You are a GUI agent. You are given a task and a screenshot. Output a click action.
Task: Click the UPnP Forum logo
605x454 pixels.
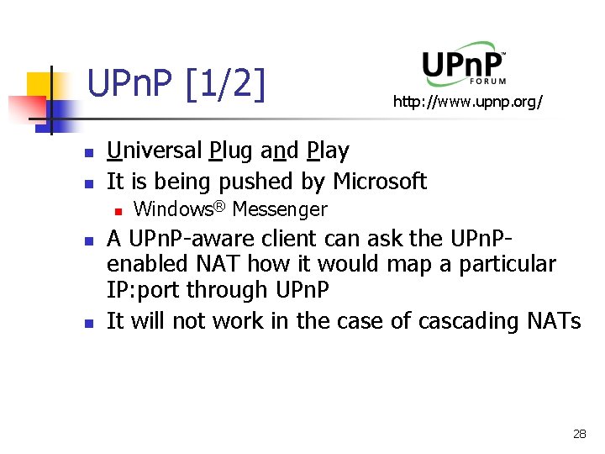(x=463, y=64)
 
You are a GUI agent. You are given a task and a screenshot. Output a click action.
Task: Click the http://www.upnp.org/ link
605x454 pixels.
(x=468, y=103)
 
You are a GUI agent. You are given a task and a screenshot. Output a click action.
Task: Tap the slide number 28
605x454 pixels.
(x=579, y=434)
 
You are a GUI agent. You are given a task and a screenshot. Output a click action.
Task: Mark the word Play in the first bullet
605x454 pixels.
(x=328, y=151)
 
